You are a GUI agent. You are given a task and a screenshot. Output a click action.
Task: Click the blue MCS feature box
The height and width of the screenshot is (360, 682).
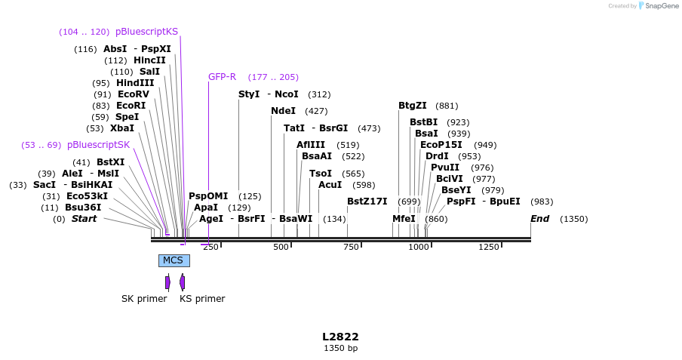[x=174, y=260]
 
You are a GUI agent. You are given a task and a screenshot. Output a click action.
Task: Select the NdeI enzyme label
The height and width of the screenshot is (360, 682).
[x=283, y=111]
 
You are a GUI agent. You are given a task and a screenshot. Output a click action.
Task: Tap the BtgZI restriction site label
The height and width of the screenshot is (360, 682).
[x=412, y=106]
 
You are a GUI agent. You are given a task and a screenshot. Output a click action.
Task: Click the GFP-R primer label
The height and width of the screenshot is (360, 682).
[x=222, y=77]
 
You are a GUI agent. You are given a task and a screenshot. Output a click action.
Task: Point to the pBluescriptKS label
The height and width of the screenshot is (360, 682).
[x=146, y=32]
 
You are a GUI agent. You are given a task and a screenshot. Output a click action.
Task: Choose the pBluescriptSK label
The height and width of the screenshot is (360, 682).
[x=98, y=145]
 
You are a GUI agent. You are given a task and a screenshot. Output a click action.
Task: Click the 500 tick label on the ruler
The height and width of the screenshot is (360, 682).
[x=281, y=247]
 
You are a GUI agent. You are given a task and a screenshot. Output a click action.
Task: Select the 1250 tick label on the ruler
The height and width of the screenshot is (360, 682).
[x=489, y=247]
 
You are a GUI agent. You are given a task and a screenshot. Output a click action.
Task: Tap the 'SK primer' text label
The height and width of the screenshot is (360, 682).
[x=144, y=298]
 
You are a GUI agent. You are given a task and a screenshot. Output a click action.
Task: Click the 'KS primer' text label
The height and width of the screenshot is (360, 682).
[x=202, y=298]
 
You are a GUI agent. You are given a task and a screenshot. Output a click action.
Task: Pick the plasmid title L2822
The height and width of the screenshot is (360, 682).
[x=340, y=337]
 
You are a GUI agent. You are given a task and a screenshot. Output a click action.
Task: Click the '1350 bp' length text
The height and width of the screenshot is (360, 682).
[x=340, y=348]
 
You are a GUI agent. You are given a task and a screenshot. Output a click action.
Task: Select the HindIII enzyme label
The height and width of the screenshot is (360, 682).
[x=135, y=83]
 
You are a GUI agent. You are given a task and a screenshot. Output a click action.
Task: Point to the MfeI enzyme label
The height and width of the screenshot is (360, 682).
[x=404, y=219]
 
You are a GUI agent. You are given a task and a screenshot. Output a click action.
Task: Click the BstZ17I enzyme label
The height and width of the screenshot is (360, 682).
[x=367, y=202]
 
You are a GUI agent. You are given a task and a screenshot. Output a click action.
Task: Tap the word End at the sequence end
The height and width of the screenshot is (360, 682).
[x=539, y=219]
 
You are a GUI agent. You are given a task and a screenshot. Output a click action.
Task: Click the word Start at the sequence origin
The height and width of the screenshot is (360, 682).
[x=84, y=219]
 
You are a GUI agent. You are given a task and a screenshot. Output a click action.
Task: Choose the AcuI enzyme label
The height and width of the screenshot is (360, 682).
[x=330, y=185]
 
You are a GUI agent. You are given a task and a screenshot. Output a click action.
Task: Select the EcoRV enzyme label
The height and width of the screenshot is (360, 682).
[x=133, y=94]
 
